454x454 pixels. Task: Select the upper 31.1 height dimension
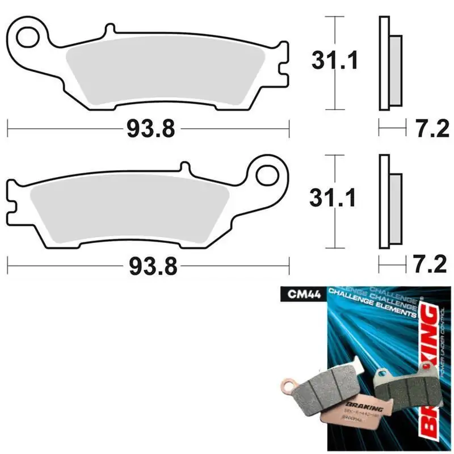[x=335, y=61]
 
